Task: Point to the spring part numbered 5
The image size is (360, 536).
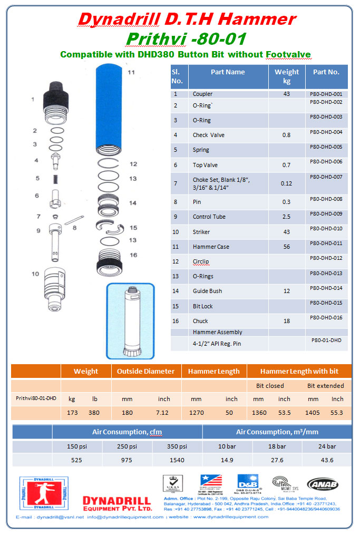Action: click(x=55, y=179)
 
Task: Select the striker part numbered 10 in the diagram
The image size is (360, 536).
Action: click(x=59, y=290)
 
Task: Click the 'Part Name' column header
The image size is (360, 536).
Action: click(x=228, y=72)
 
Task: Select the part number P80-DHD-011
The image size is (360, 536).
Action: click(x=326, y=243)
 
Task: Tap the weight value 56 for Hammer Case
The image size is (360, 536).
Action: click(x=286, y=247)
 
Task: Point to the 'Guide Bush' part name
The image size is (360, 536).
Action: click(x=207, y=291)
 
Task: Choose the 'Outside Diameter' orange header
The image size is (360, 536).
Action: click(x=145, y=371)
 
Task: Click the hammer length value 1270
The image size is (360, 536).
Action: click(x=196, y=413)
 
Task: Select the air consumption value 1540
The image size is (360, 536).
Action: click(x=177, y=460)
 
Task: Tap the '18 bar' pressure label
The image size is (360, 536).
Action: click(x=276, y=446)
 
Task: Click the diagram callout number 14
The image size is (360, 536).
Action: click(x=133, y=202)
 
